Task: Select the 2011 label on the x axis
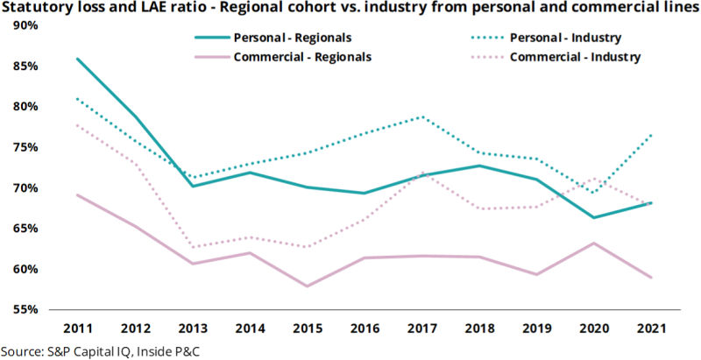pyautogui.click(x=77, y=328)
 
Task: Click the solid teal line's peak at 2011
pyautogui.click(x=77, y=59)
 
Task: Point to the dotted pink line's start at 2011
pyautogui.click(x=77, y=124)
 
